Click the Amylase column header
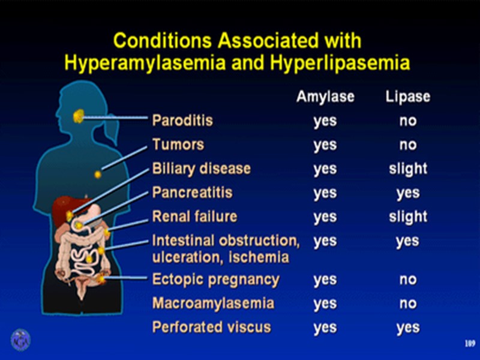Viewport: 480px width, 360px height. point(325,97)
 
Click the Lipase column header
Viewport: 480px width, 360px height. point(407,97)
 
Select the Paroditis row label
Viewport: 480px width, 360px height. point(182,121)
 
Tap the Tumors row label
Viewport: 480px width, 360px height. point(178,145)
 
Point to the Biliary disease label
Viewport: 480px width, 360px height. point(201,169)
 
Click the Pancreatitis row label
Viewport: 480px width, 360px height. point(192,193)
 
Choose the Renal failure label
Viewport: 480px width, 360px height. point(194,217)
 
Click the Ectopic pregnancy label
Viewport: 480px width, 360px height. point(215,280)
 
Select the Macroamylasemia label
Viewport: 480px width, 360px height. point(213,304)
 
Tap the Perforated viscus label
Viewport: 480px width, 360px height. point(211,328)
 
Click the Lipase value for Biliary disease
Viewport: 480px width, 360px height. point(407,169)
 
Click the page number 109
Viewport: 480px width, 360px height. point(470,344)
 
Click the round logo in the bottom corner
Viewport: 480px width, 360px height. point(20,340)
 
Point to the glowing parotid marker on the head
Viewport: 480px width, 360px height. point(79,116)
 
